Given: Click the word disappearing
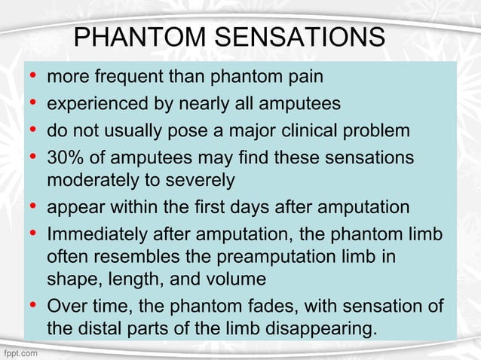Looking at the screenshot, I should click(x=312, y=329).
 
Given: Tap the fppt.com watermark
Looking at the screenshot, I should click(x=21, y=352).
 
